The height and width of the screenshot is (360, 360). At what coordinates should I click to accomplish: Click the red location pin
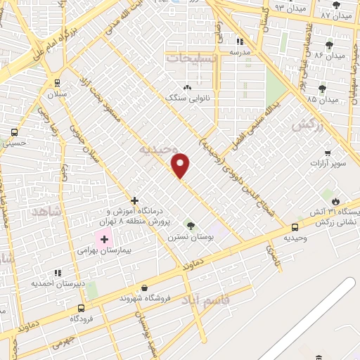[x=181, y=165]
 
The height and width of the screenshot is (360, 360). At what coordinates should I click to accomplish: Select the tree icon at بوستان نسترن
[x=190, y=225]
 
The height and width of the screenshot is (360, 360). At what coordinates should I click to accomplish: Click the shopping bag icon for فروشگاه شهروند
[x=144, y=288]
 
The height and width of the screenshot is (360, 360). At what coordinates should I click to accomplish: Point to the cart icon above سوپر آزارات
[x=328, y=153]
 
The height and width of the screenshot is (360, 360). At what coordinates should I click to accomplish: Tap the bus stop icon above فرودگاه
[x=82, y=308]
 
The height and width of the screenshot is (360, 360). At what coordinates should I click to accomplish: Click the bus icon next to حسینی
[x=15, y=131]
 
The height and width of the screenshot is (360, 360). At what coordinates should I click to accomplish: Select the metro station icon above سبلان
[x=68, y=82]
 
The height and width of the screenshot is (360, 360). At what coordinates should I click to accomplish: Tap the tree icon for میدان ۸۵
[x=323, y=89]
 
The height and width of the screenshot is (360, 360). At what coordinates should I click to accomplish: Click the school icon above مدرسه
[x=240, y=41]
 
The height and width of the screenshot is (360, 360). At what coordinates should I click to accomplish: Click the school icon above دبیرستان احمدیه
[x=58, y=272]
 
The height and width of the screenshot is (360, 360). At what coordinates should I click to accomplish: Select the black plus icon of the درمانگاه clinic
[x=134, y=200]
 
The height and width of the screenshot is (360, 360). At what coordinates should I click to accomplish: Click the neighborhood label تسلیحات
[x=192, y=57]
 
